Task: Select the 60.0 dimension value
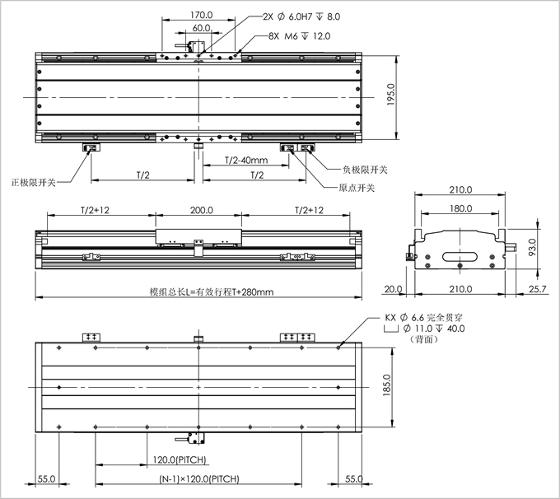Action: pyautogui.click(x=201, y=28)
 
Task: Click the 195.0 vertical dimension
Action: pyautogui.click(x=391, y=98)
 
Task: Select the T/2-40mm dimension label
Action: pyautogui.click(x=246, y=161)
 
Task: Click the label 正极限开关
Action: pyautogui.click(x=34, y=182)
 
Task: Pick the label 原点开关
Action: pyautogui.click(x=357, y=188)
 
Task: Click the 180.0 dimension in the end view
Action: pyautogui.click(x=460, y=208)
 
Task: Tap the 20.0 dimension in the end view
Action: pyautogui.click(x=391, y=289)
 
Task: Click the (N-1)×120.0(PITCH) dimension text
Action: pyautogui.click(x=196, y=478)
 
